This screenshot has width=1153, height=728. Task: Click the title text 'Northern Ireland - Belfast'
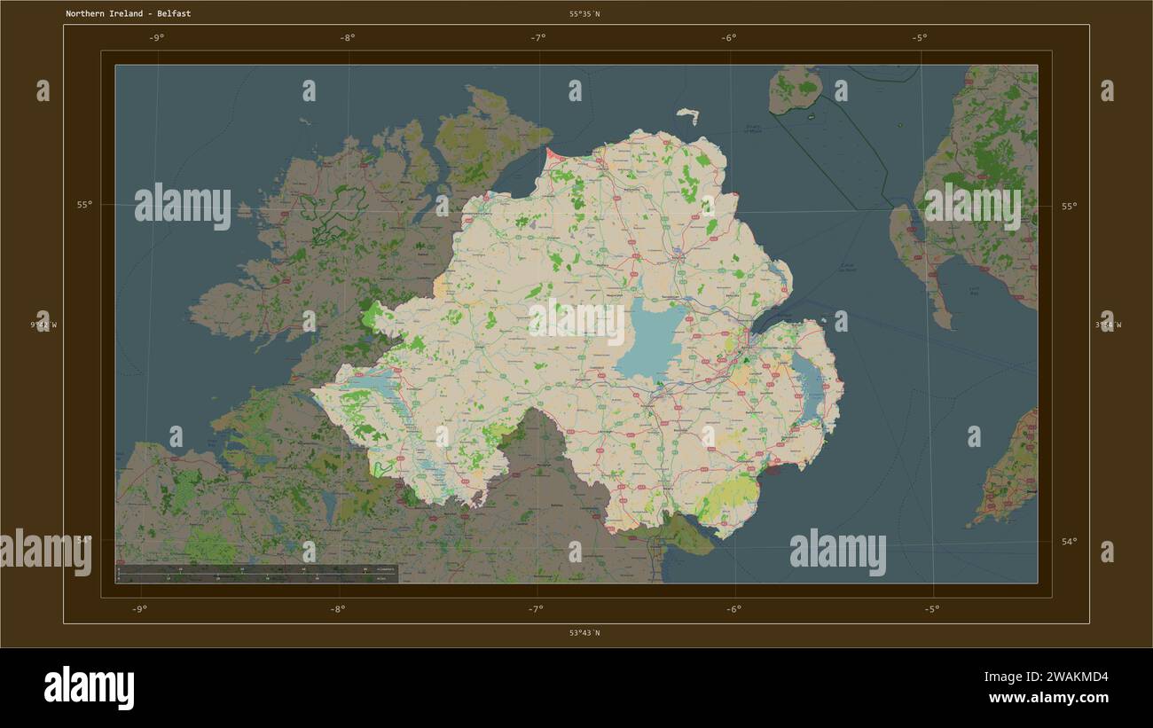(x=128, y=14)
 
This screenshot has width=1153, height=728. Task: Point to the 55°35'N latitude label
(x=584, y=14)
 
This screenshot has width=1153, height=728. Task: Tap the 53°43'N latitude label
(x=584, y=633)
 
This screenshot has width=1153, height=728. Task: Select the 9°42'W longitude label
(x=43, y=325)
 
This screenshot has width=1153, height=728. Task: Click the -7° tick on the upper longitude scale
(x=538, y=37)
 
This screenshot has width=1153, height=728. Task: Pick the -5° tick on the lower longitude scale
(x=931, y=609)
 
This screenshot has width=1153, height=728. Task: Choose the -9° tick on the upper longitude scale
(x=157, y=37)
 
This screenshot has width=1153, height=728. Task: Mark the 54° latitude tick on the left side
(x=84, y=539)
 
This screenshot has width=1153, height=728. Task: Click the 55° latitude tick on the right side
(x=1068, y=206)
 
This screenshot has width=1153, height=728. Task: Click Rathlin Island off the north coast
(x=687, y=114)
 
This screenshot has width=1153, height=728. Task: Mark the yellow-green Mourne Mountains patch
(x=729, y=498)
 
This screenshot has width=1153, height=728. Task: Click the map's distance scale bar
(x=257, y=573)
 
